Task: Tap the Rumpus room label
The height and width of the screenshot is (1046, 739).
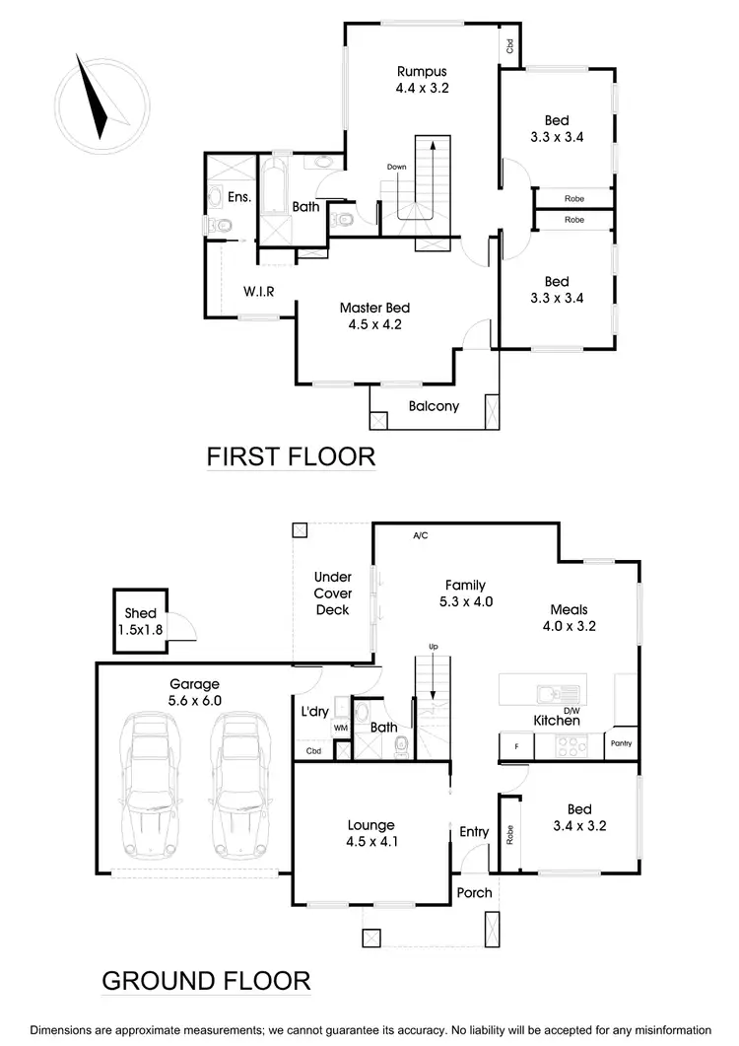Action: pos(422,79)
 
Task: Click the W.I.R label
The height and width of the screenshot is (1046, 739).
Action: pos(258,291)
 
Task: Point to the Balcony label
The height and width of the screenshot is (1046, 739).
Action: pos(434,406)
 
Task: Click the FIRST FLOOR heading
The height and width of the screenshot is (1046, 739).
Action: pos(291,456)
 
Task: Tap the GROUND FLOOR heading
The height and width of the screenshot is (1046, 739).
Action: pos(207,981)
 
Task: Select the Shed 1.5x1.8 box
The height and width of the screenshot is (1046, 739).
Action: pos(141,621)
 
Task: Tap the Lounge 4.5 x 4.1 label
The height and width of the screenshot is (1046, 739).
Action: pos(370,833)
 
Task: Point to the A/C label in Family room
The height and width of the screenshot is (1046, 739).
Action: pos(421,535)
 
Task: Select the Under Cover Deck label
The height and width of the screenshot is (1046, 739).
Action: pos(332,593)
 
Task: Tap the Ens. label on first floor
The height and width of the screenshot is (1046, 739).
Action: pos(238,198)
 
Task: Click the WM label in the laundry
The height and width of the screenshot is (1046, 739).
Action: pos(341,729)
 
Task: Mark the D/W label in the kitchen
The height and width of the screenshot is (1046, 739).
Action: pos(571,709)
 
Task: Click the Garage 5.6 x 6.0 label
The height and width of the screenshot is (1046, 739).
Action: pos(195,692)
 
